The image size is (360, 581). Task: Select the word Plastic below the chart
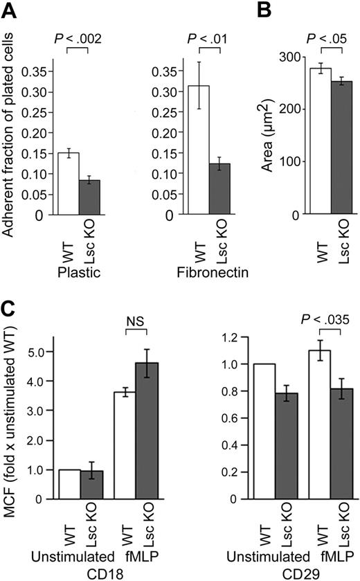pyautogui.click(x=79, y=274)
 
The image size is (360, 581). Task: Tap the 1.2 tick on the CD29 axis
pyautogui.click(x=219, y=337)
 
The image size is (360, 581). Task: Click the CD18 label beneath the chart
pyautogui.click(x=104, y=572)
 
